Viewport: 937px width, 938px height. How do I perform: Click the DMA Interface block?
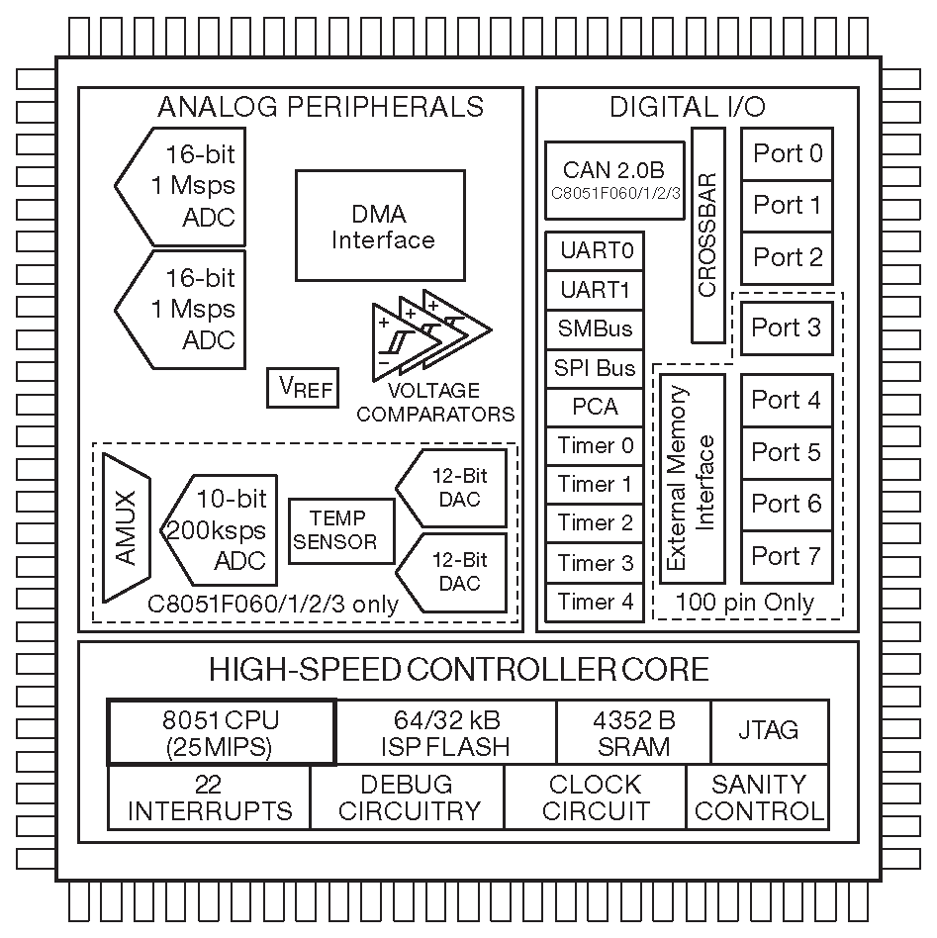pos(380,226)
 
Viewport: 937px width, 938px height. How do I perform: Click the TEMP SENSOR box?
pos(340,530)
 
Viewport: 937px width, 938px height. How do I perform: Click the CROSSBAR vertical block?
pos(707,237)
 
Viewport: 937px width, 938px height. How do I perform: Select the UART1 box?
pos(595,290)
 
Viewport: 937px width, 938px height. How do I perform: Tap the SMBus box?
pos(595,328)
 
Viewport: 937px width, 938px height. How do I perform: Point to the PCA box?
pos(595,407)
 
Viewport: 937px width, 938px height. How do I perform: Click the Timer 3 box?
pos(595,563)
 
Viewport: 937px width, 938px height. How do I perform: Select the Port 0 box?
pos(787,153)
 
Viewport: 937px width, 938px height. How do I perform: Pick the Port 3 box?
pos(787,328)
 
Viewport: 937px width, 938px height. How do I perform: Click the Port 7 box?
pos(787,556)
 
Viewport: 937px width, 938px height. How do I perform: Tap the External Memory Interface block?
pos(692,478)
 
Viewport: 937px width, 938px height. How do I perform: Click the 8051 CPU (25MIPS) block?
pos(221,732)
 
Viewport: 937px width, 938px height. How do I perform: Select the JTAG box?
pos(769,731)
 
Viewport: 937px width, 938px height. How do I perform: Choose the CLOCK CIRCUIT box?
pos(595,797)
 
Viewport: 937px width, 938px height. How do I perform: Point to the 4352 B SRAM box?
pos(633,732)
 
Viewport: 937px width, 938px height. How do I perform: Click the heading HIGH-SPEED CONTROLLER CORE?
pos(459,670)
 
